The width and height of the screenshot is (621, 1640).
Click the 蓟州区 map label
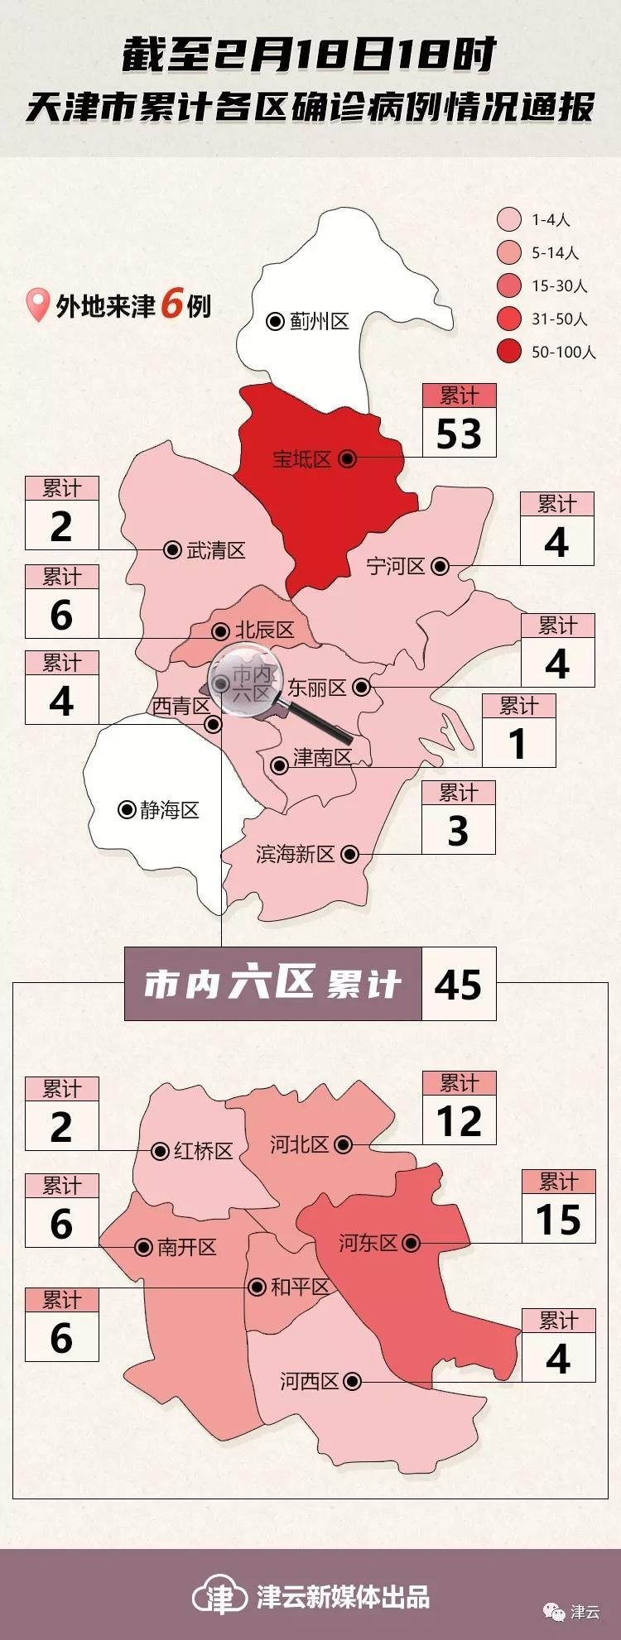(x=320, y=321)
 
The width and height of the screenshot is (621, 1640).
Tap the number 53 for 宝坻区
(x=459, y=434)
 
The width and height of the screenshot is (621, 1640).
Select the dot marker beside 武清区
(x=172, y=550)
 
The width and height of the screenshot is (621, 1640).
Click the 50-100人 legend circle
(x=509, y=352)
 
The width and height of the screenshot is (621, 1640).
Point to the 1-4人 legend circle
(x=509, y=219)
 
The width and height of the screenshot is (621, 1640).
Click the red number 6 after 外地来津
(x=172, y=305)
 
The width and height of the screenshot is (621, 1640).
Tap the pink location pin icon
(x=37, y=305)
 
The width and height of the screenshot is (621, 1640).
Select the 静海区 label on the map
(x=170, y=810)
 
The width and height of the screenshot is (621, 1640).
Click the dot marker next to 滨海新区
(x=350, y=854)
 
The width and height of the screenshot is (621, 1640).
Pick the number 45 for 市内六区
(x=458, y=985)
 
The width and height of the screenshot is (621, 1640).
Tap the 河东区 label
(x=368, y=1243)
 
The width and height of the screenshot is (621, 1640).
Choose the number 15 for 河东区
(x=558, y=1220)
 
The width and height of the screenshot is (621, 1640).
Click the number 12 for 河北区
(x=459, y=1121)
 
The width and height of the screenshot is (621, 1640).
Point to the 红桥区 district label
(x=203, y=1151)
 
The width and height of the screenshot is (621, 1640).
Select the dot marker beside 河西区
(x=352, y=1381)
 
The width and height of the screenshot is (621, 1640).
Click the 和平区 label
(x=300, y=1287)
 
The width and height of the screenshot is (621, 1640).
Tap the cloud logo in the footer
(x=219, y=1596)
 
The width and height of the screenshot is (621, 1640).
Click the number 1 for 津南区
(x=518, y=743)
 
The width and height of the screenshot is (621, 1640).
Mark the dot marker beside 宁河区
(x=440, y=567)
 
